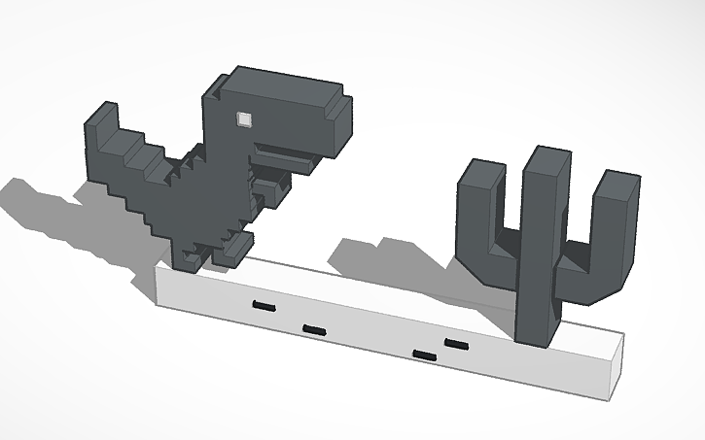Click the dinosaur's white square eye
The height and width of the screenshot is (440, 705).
pos(243,119)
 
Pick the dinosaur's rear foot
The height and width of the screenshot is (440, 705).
pos(191,256)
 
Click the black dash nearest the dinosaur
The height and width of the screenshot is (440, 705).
pos(264,307)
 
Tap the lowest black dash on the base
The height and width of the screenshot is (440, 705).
pos(424,355)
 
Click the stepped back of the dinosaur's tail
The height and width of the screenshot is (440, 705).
pos(146,165)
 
